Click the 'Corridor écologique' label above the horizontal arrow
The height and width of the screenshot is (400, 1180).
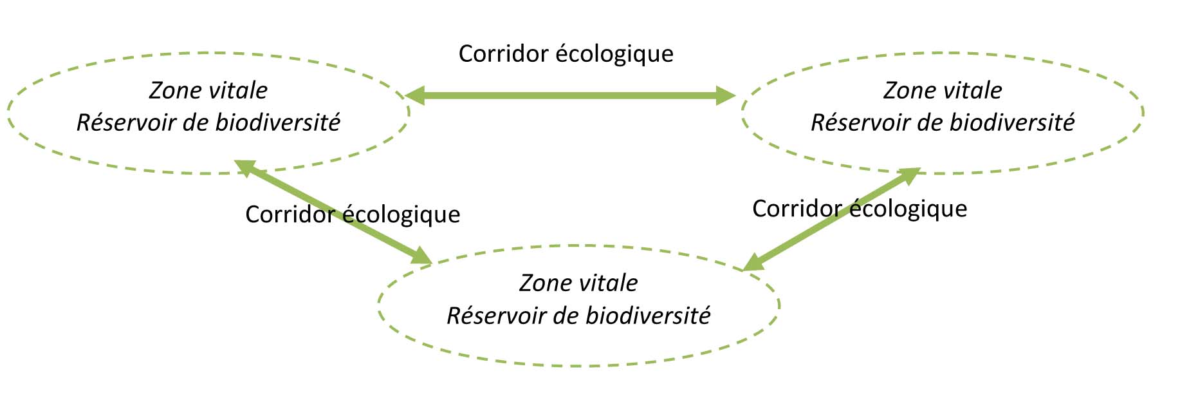pyautogui.click(x=566, y=54)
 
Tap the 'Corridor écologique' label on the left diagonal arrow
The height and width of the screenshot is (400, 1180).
pyautogui.click(x=353, y=214)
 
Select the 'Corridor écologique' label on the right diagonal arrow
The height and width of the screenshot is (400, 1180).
pyautogui.click(x=860, y=209)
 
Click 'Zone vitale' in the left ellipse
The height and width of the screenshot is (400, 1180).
pyautogui.click(x=208, y=90)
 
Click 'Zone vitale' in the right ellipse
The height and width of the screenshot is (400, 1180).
pyautogui.click(x=943, y=90)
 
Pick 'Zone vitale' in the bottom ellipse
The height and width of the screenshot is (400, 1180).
pyautogui.click(x=578, y=283)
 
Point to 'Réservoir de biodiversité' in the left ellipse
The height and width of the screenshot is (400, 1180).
pyautogui.click(x=208, y=122)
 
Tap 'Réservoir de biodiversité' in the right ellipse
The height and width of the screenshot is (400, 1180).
pyautogui.click(x=943, y=122)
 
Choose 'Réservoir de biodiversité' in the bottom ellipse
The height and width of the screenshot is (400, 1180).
pyautogui.click(x=578, y=316)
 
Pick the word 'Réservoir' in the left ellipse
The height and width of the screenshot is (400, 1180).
pyautogui.click(x=126, y=122)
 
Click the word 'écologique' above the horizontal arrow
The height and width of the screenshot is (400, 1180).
pyautogui.click(x=614, y=54)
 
